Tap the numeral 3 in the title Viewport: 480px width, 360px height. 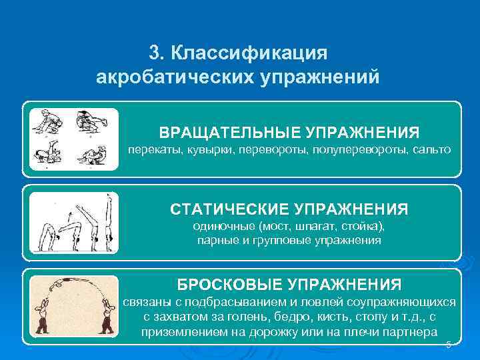pos(155,52)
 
